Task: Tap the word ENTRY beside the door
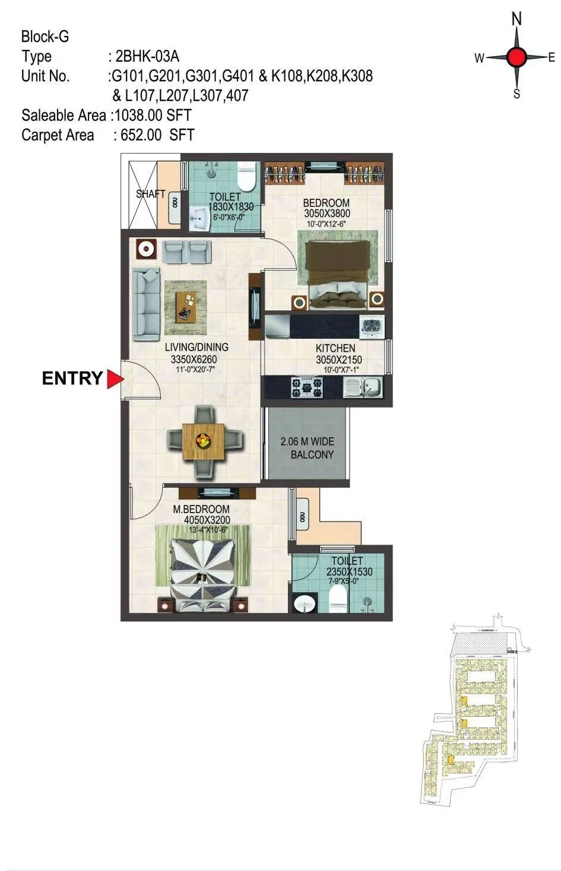[x=72, y=379]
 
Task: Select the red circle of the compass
[x=516, y=58]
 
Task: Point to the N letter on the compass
[x=516, y=20]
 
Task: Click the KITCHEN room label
[x=335, y=348]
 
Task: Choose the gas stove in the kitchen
[x=307, y=388]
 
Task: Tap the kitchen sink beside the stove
[x=363, y=388]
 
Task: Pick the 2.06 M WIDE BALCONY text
[x=308, y=448]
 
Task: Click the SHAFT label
[x=150, y=194]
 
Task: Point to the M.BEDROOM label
[x=201, y=509]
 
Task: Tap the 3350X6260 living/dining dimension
[x=196, y=359]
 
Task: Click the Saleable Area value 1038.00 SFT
[x=153, y=115]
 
